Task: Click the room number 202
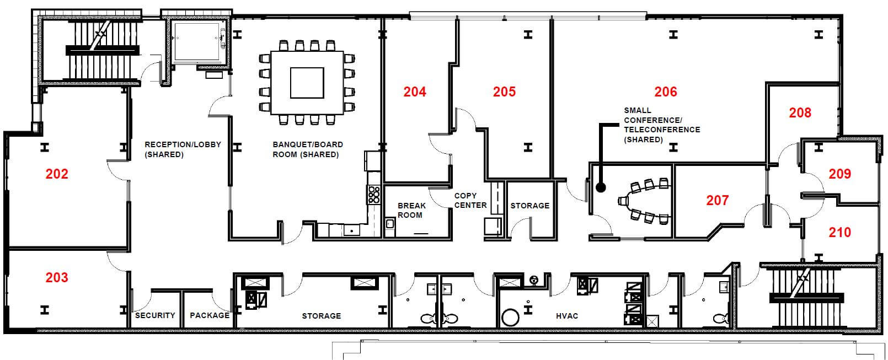(57, 174)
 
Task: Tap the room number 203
(57, 277)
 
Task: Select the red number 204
(415, 92)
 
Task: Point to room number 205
(504, 92)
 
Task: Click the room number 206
(665, 92)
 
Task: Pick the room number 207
(718, 201)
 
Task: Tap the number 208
(800, 113)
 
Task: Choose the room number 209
(839, 174)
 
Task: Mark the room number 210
(839, 233)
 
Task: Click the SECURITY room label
(155, 315)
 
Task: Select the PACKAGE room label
(210, 315)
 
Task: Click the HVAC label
(567, 316)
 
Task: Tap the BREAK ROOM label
(411, 211)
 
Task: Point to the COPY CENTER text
(470, 201)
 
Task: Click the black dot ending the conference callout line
(601, 188)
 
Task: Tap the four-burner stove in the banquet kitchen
(374, 195)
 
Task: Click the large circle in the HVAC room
(510, 318)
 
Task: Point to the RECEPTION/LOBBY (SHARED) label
(183, 149)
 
